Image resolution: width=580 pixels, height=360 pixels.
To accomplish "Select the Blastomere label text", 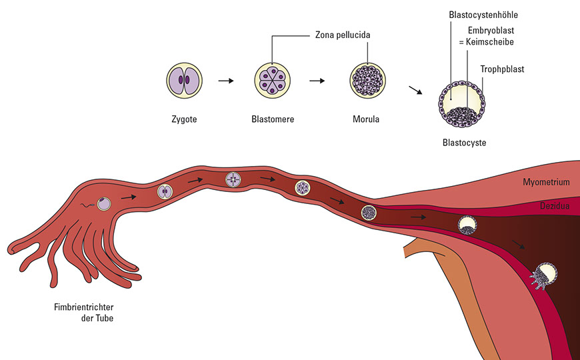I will tap(273, 119).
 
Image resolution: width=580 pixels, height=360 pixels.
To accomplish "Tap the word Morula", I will tap(366, 119).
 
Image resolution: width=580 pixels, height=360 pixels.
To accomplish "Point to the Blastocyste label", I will tap(464, 142).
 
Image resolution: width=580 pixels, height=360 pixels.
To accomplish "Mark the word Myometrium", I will tap(546, 181).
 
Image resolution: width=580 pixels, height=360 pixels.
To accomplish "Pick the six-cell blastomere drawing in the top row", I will tap(272, 82).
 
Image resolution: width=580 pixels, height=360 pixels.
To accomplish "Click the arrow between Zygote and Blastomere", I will tap(227, 81).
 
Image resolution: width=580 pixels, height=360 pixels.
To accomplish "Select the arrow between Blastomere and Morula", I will tap(317, 81).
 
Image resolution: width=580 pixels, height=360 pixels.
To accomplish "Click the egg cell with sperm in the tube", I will tap(103, 202).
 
